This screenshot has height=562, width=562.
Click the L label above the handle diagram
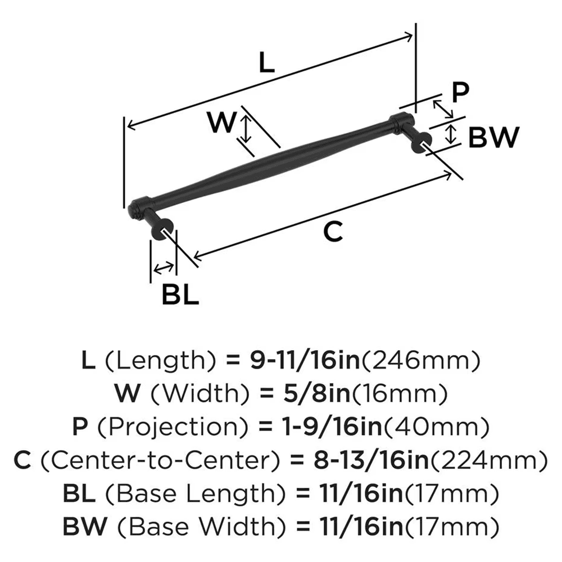266,63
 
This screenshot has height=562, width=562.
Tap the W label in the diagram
220,123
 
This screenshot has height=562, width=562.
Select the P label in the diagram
460,93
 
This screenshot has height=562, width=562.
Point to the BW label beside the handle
493,137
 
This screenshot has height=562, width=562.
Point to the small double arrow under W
245,127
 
